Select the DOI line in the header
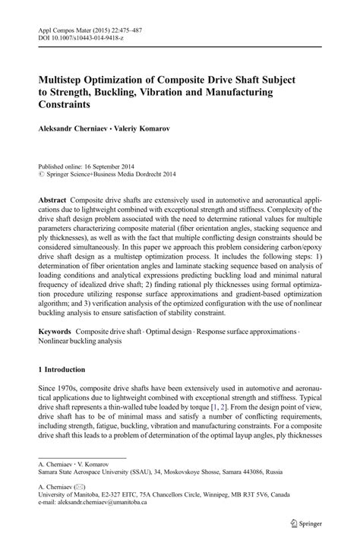(x=81, y=39)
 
